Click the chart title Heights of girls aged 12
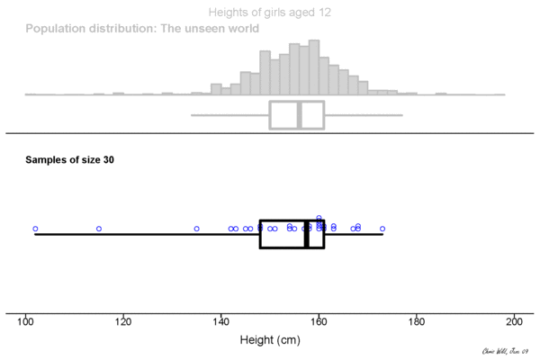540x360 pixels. pyautogui.click(x=269, y=13)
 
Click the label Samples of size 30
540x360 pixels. pyautogui.click(x=69, y=160)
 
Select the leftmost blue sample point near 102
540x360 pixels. pyautogui.click(x=35, y=229)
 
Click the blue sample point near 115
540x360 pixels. pyautogui.click(x=99, y=229)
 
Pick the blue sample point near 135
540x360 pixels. pyautogui.click(x=196, y=229)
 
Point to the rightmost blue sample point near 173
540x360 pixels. pyautogui.click(x=382, y=229)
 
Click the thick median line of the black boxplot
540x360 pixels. pyautogui.click(x=307, y=234)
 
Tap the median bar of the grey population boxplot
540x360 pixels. pyautogui.click(x=299, y=115)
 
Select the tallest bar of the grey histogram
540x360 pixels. pyautogui.click(x=313, y=67)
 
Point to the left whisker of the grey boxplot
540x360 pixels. pyautogui.click(x=230, y=115)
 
